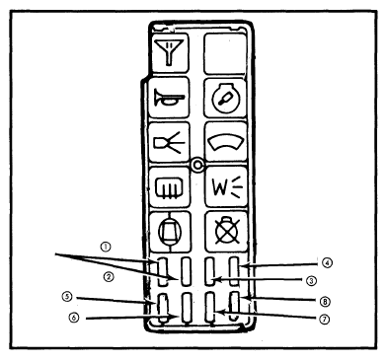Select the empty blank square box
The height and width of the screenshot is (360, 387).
(x=225, y=53)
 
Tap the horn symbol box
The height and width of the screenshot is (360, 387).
(x=169, y=98)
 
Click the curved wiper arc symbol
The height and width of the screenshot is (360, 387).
(x=226, y=142)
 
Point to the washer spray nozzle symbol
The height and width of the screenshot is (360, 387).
(x=169, y=142)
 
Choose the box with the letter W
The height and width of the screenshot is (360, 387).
(x=226, y=186)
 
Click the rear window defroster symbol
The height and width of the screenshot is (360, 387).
(x=169, y=187)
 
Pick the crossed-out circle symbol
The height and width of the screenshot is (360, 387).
(x=227, y=230)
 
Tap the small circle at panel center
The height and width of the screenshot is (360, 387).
(x=196, y=166)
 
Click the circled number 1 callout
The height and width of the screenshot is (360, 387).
(x=106, y=247)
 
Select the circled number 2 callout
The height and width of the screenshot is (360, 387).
(x=109, y=277)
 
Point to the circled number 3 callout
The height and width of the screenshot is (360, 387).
(x=311, y=280)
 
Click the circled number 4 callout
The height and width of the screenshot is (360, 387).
(x=327, y=262)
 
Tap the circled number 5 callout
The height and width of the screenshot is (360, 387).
(x=67, y=296)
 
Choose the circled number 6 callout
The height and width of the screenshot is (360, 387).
(x=74, y=318)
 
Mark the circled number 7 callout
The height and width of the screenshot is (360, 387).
(x=325, y=319)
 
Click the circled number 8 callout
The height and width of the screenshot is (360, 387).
(x=325, y=301)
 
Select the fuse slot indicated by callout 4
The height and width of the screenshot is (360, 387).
(x=234, y=271)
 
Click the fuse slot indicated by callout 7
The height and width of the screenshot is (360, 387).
(x=210, y=308)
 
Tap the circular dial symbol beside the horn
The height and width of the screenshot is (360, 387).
(x=226, y=98)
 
